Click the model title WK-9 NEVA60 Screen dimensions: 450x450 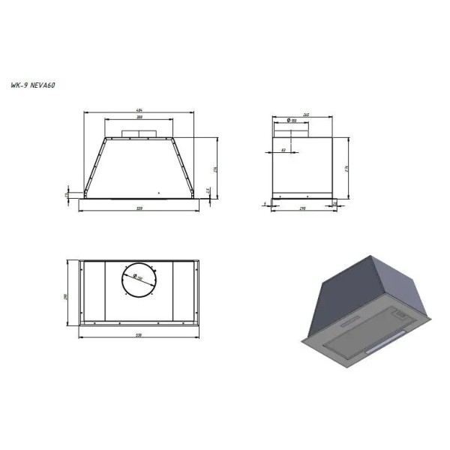point(34,85)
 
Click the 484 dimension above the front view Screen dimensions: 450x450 point(139,110)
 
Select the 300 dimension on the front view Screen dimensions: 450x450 point(139,117)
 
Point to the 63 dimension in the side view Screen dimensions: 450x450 point(284,150)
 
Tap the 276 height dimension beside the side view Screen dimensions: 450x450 point(347,168)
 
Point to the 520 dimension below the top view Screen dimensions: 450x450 point(139,334)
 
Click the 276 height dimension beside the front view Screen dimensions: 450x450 point(215,168)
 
